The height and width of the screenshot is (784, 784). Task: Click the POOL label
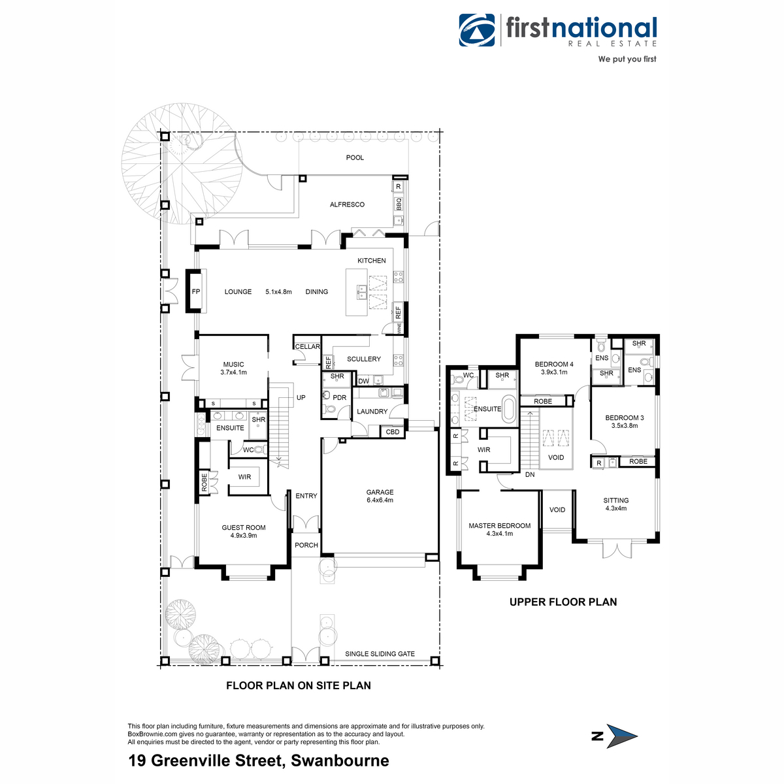click(354, 157)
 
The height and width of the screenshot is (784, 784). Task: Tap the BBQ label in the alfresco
click(399, 204)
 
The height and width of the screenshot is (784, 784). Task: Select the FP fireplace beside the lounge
click(196, 291)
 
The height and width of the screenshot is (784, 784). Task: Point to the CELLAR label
click(307, 347)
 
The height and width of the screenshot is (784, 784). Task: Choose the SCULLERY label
click(363, 359)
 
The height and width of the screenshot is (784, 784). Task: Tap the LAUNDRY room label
click(372, 412)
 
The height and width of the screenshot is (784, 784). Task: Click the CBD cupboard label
click(392, 432)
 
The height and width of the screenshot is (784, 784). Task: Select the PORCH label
click(306, 545)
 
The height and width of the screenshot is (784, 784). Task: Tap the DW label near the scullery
click(363, 381)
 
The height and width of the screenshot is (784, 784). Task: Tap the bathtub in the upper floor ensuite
click(508, 408)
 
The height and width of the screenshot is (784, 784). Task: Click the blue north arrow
click(622, 736)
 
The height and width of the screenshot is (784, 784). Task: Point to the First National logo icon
click(477, 30)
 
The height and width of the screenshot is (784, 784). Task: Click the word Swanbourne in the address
click(340, 760)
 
